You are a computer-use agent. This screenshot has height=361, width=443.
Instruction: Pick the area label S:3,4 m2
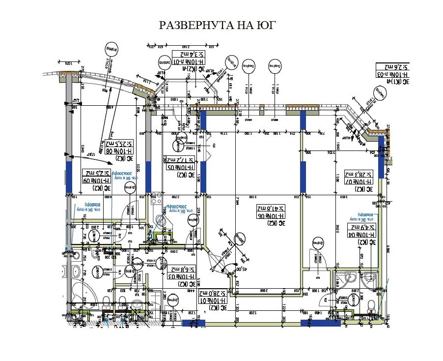coord(188,55)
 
